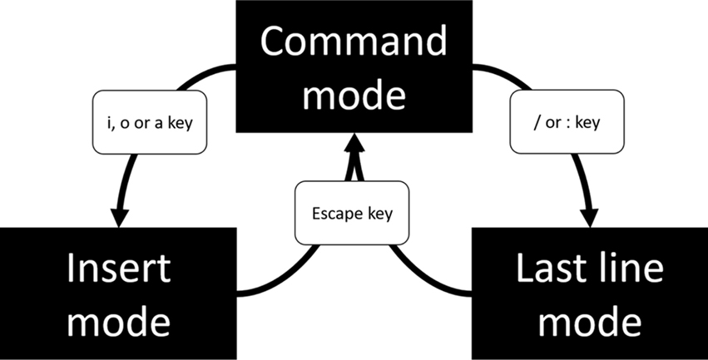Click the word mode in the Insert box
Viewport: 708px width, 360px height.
pos(118,320)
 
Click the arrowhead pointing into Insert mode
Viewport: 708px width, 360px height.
pos(119,215)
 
